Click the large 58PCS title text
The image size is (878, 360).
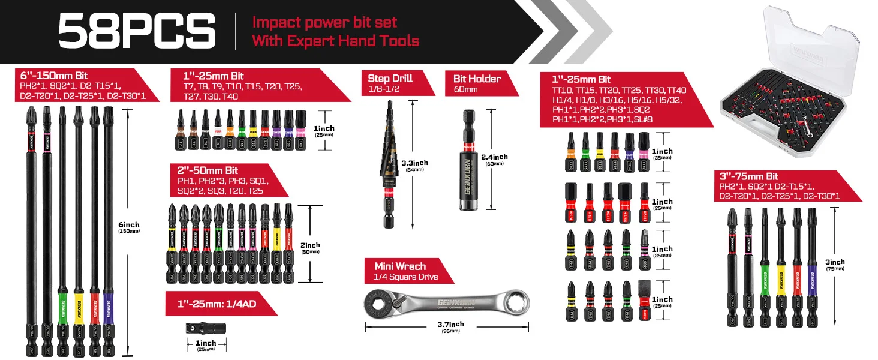(137, 31)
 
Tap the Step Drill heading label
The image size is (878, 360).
(390, 79)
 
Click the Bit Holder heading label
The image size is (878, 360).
(477, 79)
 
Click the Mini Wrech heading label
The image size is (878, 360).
(401, 266)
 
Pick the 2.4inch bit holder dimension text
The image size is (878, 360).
(494, 157)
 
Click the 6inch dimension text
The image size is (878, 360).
(128, 224)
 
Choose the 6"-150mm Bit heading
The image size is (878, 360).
(54, 76)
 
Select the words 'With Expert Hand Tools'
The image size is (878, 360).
(335, 41)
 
